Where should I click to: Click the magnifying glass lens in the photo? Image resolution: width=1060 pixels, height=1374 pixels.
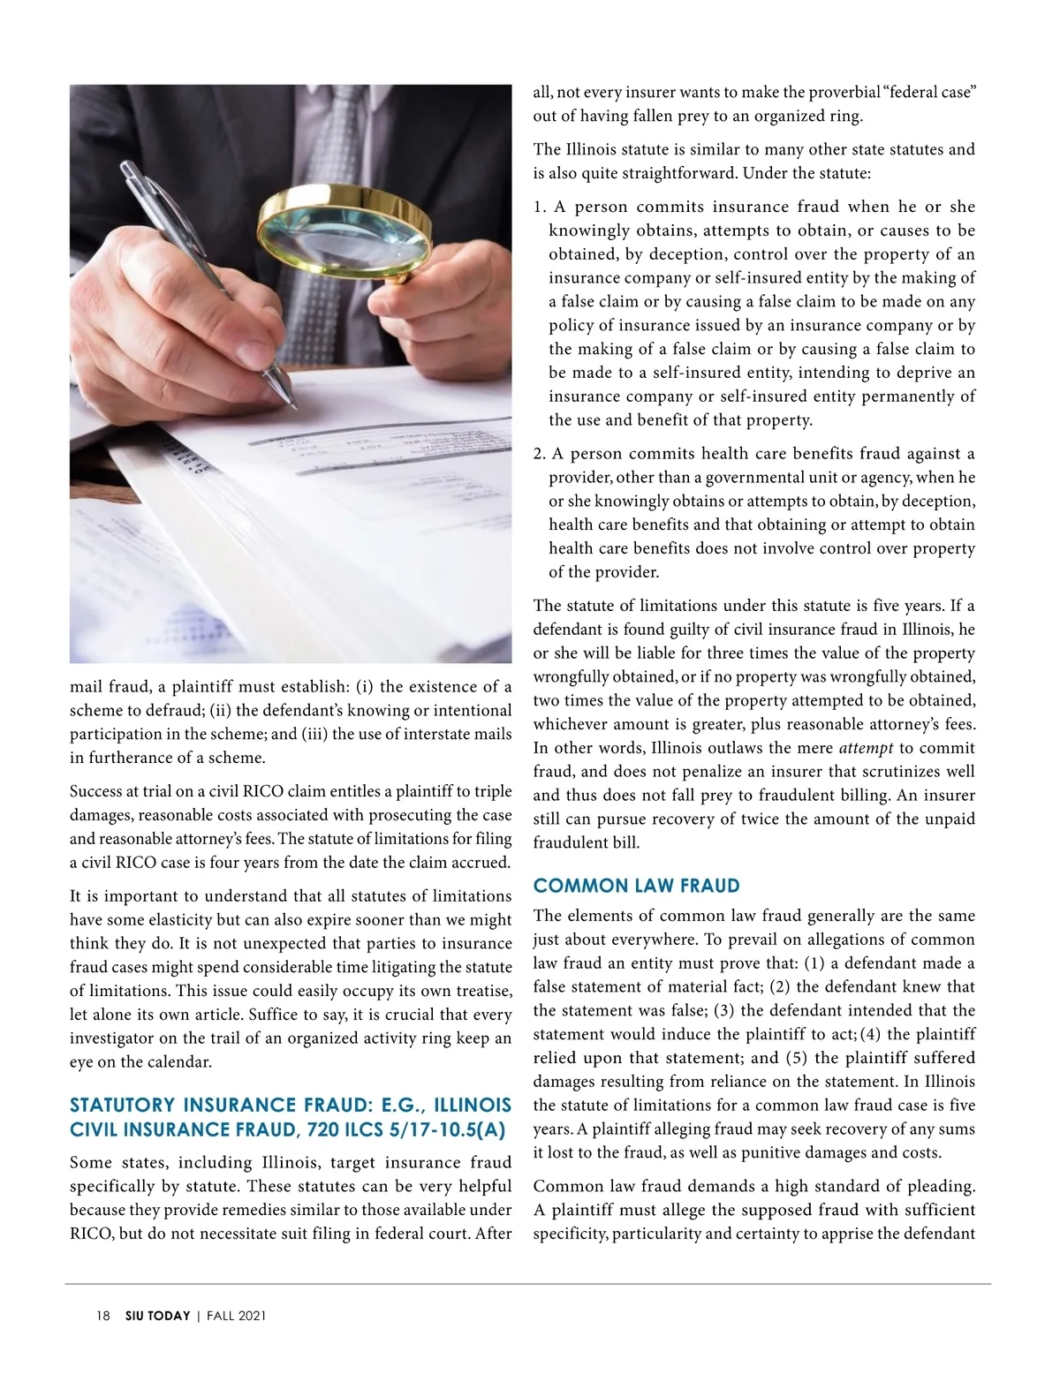pos(342,232)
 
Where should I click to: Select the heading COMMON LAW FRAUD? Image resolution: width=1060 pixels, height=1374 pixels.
pos(636,886)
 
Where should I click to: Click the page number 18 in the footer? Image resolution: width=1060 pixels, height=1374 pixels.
pos(103,1316)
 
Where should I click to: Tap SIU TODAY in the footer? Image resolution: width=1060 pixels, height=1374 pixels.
pos(157,1316)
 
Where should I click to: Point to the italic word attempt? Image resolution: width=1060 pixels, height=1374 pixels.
pos(865,748)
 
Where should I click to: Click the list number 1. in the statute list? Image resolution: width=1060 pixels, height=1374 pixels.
pos(540,207)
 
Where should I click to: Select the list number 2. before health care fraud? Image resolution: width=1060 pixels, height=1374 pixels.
pos(540,454)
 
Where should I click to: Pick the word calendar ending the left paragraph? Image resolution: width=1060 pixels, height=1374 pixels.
pos(180,1062)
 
